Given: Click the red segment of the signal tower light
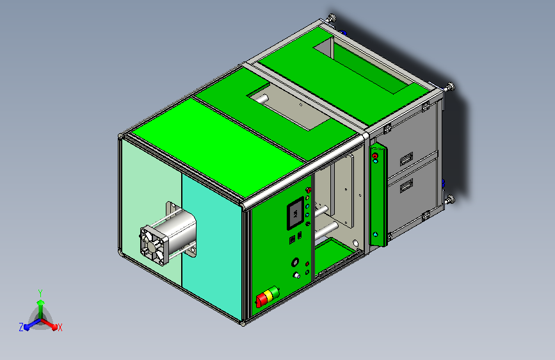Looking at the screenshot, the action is click(x=262, y=300).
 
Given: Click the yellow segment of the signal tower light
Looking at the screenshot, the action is click(x=269, y=295).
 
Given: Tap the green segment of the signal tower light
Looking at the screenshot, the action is click(x=275, y=292).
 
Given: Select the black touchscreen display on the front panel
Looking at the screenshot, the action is click(x=296, y=213).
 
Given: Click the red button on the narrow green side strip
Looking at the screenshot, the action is click(x=375, y=156).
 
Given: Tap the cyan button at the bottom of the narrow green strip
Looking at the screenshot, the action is click(x=375, y=234).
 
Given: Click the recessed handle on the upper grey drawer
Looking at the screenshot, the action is click(x=406, y=159).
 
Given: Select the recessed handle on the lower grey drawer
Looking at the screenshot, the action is click(x=406, y=186).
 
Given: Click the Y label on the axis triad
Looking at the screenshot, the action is click(x=40, y=293).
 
